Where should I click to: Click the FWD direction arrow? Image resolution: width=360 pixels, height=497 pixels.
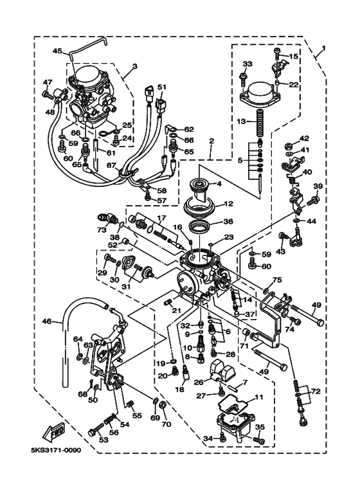(54, 433)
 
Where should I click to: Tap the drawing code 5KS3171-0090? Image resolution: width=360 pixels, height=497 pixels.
(56, 450)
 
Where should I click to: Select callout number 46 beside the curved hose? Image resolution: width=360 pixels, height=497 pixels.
(47, 321)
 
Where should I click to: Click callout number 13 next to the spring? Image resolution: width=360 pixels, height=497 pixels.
(242, 121)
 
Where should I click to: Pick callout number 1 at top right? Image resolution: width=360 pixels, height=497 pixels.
(323, 48)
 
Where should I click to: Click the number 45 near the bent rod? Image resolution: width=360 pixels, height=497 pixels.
(57, 51)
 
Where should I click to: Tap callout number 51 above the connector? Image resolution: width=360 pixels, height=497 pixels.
(161, 87)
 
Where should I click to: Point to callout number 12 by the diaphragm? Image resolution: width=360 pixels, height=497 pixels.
(228, 203)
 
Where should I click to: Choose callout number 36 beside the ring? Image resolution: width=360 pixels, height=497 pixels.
(228, 222)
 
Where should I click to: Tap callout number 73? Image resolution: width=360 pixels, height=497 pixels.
(102, 230)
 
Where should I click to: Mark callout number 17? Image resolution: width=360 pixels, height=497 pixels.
(161, 218)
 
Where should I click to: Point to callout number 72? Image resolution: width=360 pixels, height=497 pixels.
(316, 392)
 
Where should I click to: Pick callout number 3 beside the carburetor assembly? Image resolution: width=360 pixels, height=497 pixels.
(135, 66)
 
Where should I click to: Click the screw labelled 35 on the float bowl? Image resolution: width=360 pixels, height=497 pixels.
(259, 440)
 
